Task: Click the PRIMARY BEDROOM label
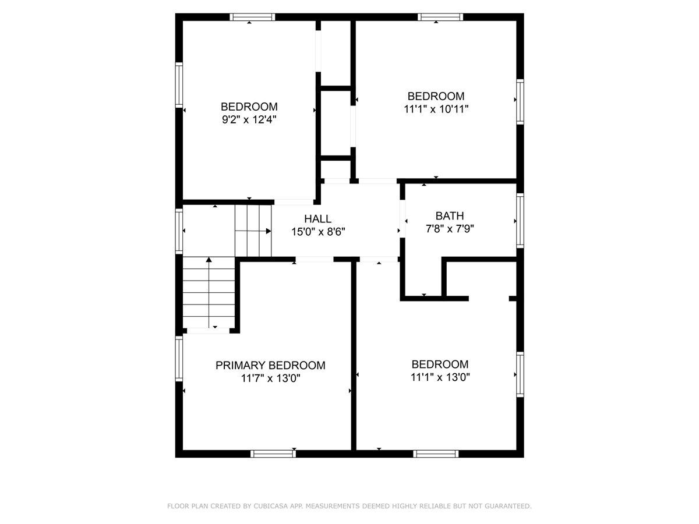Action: tap(270, 366)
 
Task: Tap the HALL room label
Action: tap(318, 219)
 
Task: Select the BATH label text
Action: tap(450, 216)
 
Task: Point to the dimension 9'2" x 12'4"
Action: tap(249, 120)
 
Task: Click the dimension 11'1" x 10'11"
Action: tap(436, 109)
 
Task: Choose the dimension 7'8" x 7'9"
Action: tap(450, 229)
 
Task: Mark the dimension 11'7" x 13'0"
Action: tap(271, 378)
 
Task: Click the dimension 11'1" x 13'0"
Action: tap(440, 377)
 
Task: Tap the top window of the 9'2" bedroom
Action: tap(252, 17)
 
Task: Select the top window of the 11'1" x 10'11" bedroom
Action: tap(440, 17)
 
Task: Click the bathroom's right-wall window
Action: tap(520, 221)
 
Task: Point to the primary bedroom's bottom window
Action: tap(273, 454)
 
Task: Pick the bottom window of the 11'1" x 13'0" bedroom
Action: tap(436, 454)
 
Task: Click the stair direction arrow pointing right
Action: tap(268, 231)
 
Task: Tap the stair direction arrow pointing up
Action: tap(209, 260)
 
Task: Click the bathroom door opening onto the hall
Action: tap(402, 219)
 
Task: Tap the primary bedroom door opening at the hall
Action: tap(315, 259)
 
